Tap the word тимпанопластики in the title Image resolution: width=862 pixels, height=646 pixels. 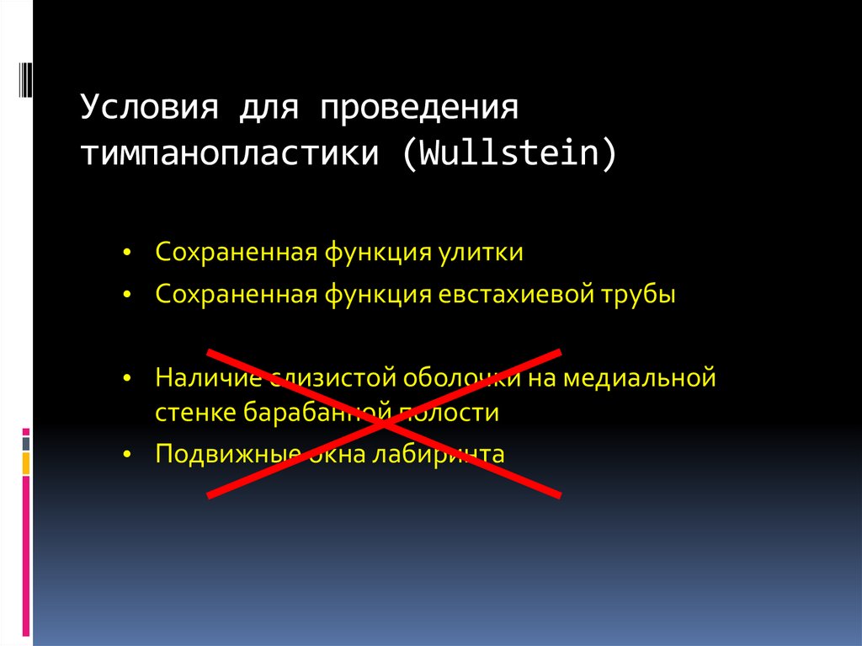click(231, 155)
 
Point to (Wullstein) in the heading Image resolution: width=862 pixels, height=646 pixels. click(510, 155)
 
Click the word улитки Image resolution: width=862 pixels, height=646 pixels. click(481, 253)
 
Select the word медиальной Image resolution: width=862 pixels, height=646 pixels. click(640, 376)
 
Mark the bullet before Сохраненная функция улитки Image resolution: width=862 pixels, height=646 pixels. click(126, 254)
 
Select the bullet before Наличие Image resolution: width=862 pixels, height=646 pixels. click(126, 377)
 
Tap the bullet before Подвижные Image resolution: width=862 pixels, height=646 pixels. click(126, 456)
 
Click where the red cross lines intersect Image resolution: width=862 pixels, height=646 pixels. click(385, 423)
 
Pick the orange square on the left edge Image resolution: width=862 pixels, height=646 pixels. click(26, 462)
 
